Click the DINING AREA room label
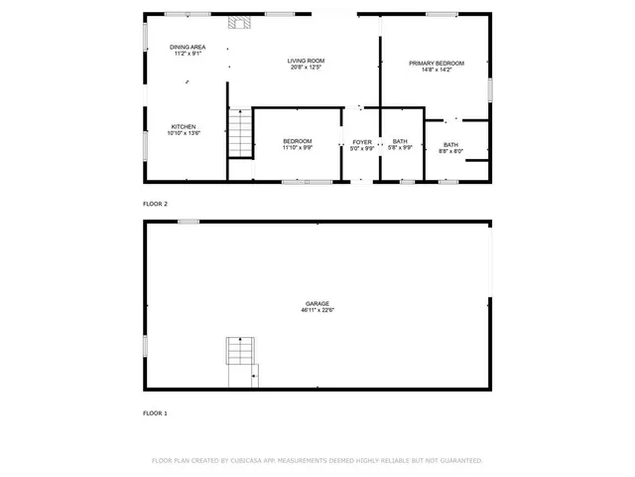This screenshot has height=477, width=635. pos(187,47)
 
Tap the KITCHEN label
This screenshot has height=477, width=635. pos(184,126)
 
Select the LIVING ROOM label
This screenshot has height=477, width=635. pos(307,61)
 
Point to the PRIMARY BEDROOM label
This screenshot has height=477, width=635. pos(437,63)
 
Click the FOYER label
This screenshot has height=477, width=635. pos(362,142)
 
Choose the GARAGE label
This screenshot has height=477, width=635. pos(317,303)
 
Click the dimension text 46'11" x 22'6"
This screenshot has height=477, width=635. pos(317,310)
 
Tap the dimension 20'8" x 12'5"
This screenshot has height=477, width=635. pos(307,68)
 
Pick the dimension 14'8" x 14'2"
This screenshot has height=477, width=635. pos(437,70)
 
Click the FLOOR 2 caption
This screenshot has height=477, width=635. pos(156,204)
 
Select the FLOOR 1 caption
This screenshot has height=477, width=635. pos(156,412)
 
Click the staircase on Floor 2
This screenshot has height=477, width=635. pos(240,132)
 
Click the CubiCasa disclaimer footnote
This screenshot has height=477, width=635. pos(317,461)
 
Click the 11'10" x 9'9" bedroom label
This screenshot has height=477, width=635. pos(298,145)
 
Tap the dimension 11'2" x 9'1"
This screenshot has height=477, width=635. pos(187,54)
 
